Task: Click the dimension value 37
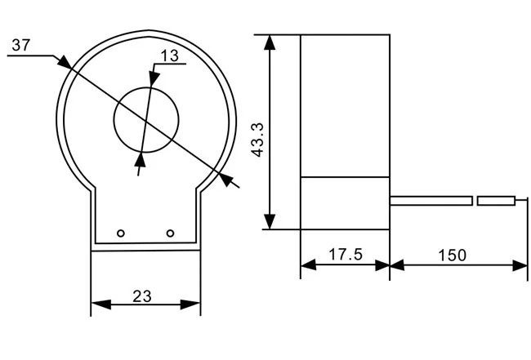[x=21, y=46]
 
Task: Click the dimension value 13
[x=170, y=56]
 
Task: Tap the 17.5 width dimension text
[x=345, y=254]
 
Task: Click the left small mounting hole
[x=121, y=233]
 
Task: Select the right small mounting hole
[x=170, y=233]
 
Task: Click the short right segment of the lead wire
[x=497, y=200]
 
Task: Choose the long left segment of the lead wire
[x=431, y=200]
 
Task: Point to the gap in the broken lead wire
[x=475, y=200]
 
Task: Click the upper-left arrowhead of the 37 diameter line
[x=62, y=61]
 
